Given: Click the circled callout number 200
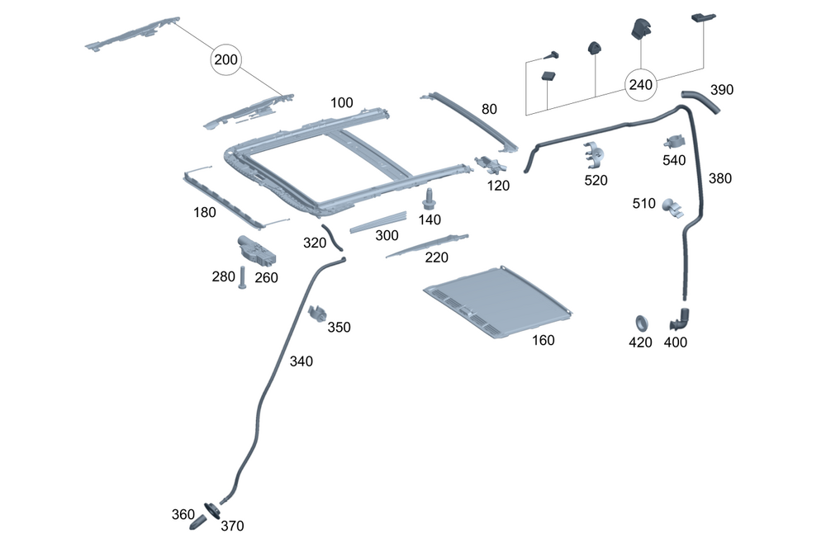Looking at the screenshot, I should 225,60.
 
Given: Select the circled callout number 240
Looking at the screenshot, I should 639,84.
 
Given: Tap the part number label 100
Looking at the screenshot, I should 341,103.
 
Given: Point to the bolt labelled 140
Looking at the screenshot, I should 428,198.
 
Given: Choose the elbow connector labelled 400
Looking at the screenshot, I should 681,318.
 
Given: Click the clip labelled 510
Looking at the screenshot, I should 674,207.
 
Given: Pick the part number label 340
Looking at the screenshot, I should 301,361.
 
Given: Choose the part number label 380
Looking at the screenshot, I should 720,178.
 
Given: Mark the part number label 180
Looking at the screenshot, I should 204,212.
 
